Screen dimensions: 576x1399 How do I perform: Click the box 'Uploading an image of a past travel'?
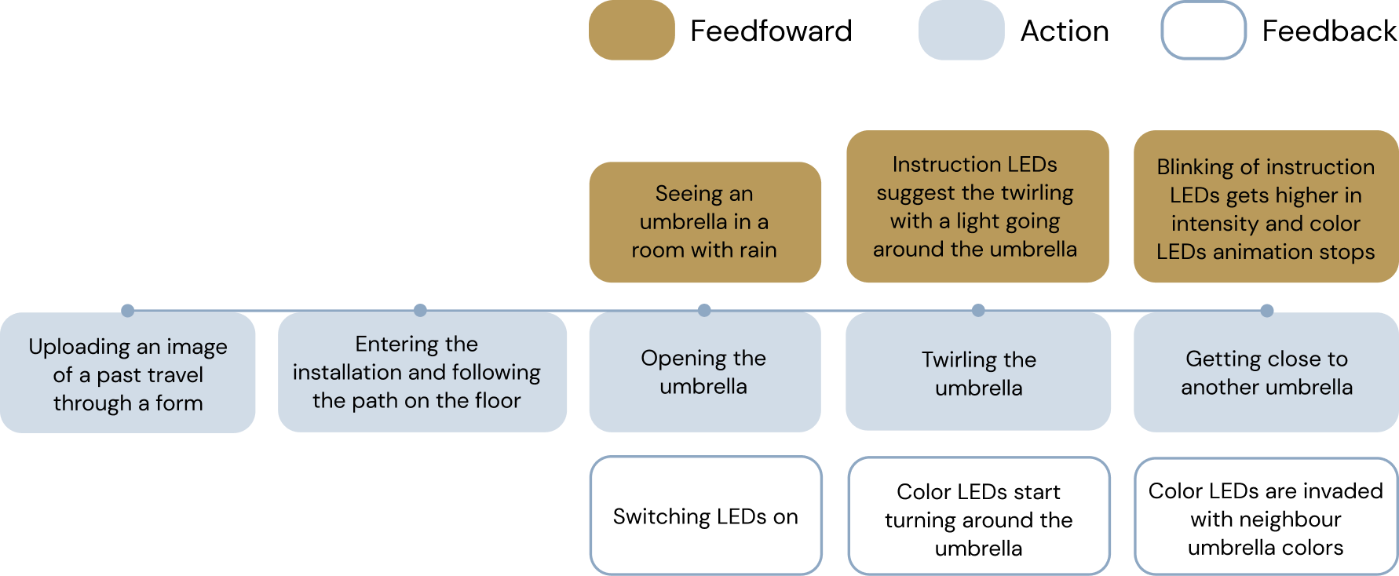128,374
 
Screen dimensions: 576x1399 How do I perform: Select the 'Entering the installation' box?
422,372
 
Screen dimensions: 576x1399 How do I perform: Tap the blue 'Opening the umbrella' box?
704,372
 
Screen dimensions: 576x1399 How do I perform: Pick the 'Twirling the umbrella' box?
978,372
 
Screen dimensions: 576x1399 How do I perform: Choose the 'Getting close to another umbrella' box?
1266,372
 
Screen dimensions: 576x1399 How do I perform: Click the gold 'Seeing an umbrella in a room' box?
704,222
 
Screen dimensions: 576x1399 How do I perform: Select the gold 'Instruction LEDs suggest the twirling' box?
977,206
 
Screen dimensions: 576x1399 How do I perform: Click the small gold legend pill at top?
632,31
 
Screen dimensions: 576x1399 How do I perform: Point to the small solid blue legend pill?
961,31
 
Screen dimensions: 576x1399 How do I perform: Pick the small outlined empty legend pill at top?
1204,31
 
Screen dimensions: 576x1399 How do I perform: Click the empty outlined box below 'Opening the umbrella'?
706,515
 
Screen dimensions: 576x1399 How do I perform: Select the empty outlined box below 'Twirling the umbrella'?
978,516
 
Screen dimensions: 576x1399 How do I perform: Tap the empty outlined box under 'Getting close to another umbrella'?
1266,516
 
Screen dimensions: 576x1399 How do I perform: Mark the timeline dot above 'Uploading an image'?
128,308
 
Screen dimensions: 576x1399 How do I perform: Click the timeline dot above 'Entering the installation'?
420,308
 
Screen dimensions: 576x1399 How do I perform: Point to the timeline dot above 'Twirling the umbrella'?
978,308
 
